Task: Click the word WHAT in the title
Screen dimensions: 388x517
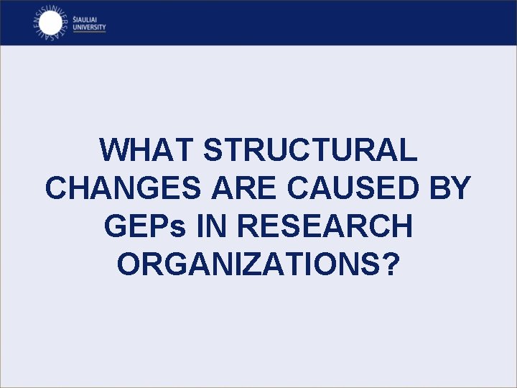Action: click(147, 150)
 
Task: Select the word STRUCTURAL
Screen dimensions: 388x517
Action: click(310, 150)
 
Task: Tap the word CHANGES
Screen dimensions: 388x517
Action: click(124, 188)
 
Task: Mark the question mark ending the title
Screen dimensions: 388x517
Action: click(390, 264)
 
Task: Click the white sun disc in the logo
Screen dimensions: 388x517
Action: click(49, 23)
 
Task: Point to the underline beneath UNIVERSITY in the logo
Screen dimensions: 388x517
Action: click(90, 32)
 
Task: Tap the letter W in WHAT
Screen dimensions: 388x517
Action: click(116, 150)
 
